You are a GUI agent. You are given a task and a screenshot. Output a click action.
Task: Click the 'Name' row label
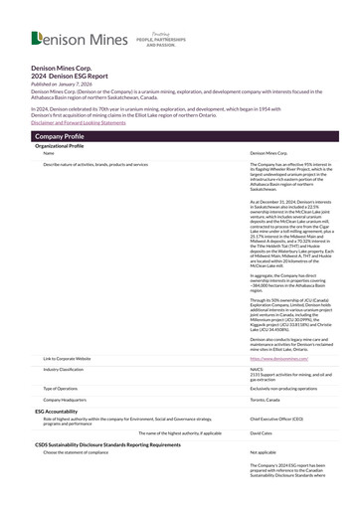click(49, 153)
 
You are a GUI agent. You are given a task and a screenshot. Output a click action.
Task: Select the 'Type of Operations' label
click(63, 387)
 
